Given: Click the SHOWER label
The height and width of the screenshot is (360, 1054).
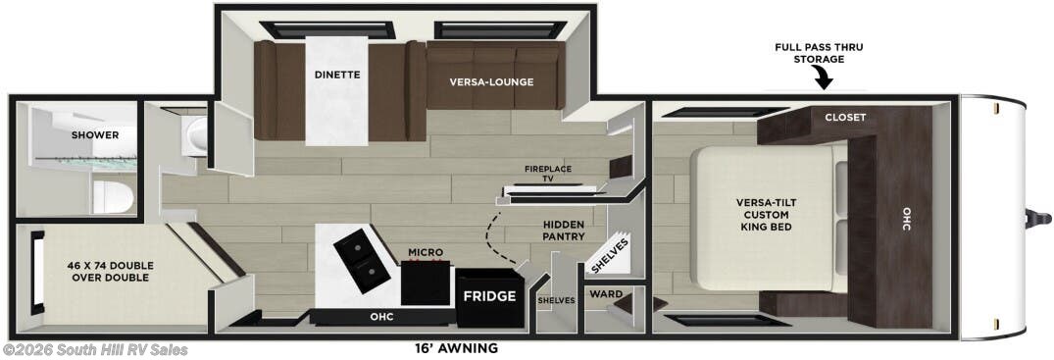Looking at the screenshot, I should (94, 134).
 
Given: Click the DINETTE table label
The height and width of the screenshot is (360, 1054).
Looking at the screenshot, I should (336, 74).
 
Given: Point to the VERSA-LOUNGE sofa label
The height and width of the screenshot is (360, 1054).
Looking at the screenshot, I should (492, 81).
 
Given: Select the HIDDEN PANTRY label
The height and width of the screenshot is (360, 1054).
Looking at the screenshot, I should (564, 231).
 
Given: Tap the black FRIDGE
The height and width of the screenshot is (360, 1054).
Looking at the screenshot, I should (489, 295).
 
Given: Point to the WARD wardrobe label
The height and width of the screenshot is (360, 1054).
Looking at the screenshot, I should (599, 293).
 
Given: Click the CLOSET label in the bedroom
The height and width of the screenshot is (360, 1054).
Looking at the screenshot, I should (845, 117).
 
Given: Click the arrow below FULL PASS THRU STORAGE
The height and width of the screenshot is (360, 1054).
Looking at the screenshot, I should (823, 77).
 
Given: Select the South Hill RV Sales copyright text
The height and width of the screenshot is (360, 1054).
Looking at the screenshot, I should (95, 350).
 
